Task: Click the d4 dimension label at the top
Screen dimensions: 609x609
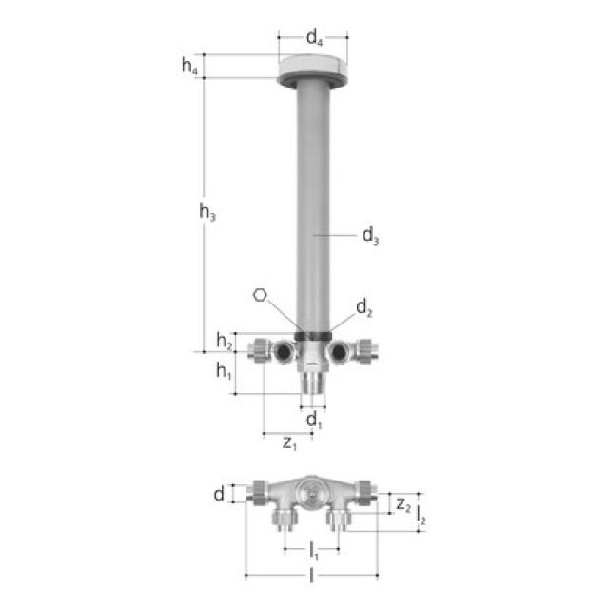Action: pos(313,39)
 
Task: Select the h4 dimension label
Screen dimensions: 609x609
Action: pos(190,67)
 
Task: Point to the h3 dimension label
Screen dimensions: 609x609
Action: pos(207,214)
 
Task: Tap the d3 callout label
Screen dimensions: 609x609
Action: pos(370,236)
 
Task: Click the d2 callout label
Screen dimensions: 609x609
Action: pos(363,307)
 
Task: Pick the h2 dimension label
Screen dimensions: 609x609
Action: pos(224,341)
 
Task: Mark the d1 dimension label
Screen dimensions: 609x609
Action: pos(313,420)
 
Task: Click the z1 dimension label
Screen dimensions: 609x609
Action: pos(290,443)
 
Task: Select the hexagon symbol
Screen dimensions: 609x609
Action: pos(260,295)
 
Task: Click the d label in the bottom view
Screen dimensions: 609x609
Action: pos(220,494)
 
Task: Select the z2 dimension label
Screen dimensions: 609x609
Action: pos(403,503)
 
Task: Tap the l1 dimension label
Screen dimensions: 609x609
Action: pos(312,549)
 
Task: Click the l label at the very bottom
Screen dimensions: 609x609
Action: pos(312,577)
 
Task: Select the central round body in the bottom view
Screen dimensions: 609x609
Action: pos(311,492)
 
